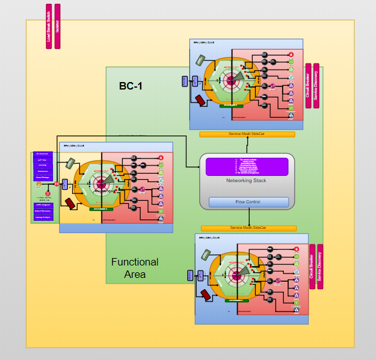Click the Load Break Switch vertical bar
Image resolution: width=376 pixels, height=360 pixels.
tap(49, 26)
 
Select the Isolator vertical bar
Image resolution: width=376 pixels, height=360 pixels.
tap(58, 26)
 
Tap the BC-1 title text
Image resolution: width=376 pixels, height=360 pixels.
tap(131, 86)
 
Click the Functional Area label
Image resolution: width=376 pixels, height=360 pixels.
tap(135, 268)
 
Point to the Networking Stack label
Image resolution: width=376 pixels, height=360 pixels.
tap(247, 180)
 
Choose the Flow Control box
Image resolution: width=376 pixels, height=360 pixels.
tap(248, 202)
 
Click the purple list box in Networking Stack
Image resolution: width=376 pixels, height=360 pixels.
tap(247, 167)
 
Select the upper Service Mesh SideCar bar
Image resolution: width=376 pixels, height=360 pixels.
tap(247, 134)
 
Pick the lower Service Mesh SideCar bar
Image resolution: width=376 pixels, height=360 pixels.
tap(247, 228)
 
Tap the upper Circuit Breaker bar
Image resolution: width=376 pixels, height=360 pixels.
tap(308, 86)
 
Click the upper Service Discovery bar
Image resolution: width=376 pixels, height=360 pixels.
tap(316, 86)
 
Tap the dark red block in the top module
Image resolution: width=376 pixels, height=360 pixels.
tap(202, 101)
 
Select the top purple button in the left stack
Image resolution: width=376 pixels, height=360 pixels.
tap(43, 154)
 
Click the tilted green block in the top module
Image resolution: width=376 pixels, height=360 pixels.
tap(202, 60)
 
